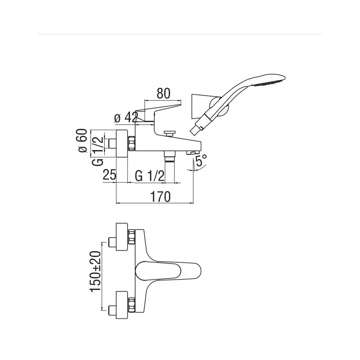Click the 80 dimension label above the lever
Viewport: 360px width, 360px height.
point(163,94)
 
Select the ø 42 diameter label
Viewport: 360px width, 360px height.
point(126,118)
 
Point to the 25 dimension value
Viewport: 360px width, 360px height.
point(109,175)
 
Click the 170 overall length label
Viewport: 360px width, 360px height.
point(160,197)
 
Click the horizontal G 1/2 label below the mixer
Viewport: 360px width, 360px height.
point(149,176)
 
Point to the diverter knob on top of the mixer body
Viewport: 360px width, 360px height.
point(170,134)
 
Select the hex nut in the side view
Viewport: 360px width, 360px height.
point(131,144)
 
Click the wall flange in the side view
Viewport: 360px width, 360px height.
point(122,144)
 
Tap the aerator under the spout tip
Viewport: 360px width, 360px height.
point(192,152)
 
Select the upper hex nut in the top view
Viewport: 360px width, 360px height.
point(131,237)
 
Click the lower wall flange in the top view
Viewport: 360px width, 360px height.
point(122,305)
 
